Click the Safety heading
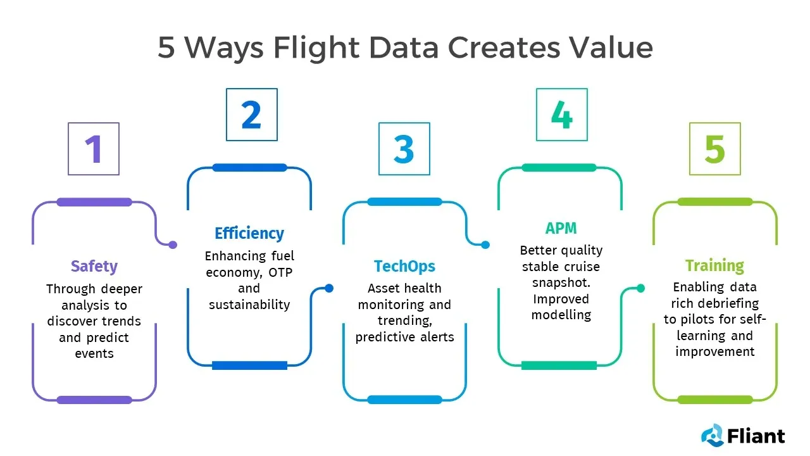[x=94, y=267]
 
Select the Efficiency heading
[x=249, y=234]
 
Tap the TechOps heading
[x=404, y=267]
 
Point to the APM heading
[x=561, y=229]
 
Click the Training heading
[x=714, y=265]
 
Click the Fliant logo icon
[x=712, y=435]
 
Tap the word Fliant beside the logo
[x=756, y=436]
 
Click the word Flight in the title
[x=316, y=48]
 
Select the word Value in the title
[x=611, y=47]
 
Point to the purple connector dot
[x=173, y=245]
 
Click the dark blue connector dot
[x=329, y=288]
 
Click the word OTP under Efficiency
[x=280, y=272]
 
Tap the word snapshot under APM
[x=561, y=282]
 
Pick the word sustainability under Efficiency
[x=249, y=305]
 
